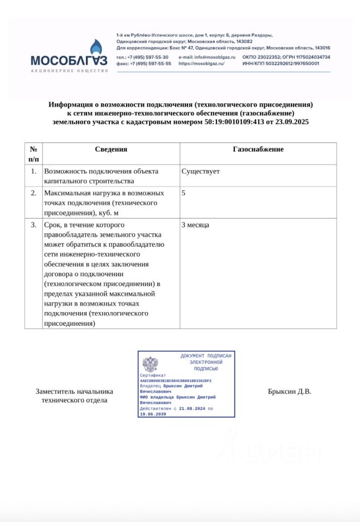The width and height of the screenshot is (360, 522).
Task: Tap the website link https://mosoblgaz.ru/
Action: (x=201, y=64)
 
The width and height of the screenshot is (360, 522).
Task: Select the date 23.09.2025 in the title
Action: (x=293, y=122)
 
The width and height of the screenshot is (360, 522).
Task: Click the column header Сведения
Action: (x=111, y=150)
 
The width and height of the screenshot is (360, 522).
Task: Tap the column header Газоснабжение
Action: (x=258, y=150)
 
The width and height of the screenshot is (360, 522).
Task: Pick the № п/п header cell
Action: (x=33, y=154)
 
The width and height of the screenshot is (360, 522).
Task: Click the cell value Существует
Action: (x=201, y=171)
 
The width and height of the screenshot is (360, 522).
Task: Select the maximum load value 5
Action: (x=183, y=193)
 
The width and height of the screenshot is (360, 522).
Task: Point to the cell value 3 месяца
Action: (x=195, y=225)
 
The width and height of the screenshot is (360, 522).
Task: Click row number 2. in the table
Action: (x=34, y=193)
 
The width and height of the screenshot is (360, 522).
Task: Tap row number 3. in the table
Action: (x=34, y=225)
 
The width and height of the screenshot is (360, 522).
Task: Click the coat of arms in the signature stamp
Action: (x=150, y=364)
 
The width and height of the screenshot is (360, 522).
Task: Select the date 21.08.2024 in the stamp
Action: (x=192, y=408)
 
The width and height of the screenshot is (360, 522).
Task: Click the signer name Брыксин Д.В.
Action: (x=289, y=391)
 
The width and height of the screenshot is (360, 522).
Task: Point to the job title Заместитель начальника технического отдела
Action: (x=74, y=396)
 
